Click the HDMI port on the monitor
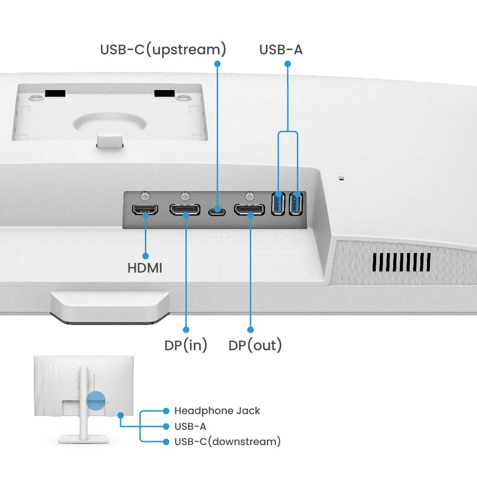click(145, 210)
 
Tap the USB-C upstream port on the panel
click(217, 209)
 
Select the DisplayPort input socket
click(185, 210)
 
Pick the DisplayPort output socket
click(249, 210)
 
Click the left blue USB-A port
click(278, 203)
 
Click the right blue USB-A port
click(297, 203)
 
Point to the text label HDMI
click(145, 268)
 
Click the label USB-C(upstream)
click(163, 50)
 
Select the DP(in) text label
click(186, 345)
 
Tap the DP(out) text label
click(255, 345)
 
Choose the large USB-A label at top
click(281, 50)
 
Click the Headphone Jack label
click(217, 411)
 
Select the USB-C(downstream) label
click(227, 442)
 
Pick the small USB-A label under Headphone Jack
click(190, 426)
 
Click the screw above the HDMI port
click(145, 195)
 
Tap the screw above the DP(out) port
click(249, 195)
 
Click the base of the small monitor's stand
click(85, 439)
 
